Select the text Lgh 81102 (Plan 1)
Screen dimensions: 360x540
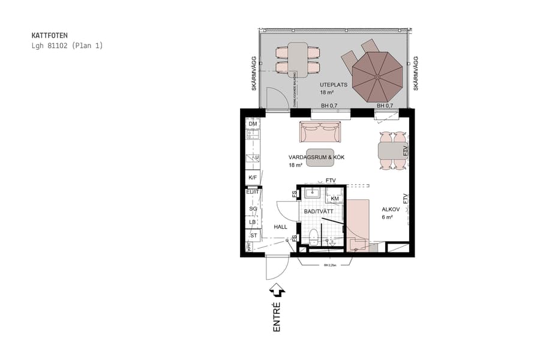(67, 46)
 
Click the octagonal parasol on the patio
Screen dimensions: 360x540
(377, 76)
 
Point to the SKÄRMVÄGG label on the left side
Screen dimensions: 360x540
(254, 74)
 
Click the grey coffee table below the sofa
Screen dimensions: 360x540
(320, 157)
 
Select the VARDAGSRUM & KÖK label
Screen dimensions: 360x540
(316, 157)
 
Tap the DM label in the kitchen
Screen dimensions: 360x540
(253, 124)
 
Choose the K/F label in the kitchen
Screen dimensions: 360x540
(253, 178)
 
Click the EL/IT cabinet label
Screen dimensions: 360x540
(252, 192)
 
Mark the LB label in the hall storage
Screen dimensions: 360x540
(253, 222)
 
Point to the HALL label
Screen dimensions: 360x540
(280, 227)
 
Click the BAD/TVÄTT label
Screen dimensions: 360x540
(319, 212)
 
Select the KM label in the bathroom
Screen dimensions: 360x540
(334, 199)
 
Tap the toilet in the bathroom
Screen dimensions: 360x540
(313, 236)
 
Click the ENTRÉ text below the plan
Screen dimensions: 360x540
(277, 317)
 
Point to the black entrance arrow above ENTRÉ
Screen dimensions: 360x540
(277, 291)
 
